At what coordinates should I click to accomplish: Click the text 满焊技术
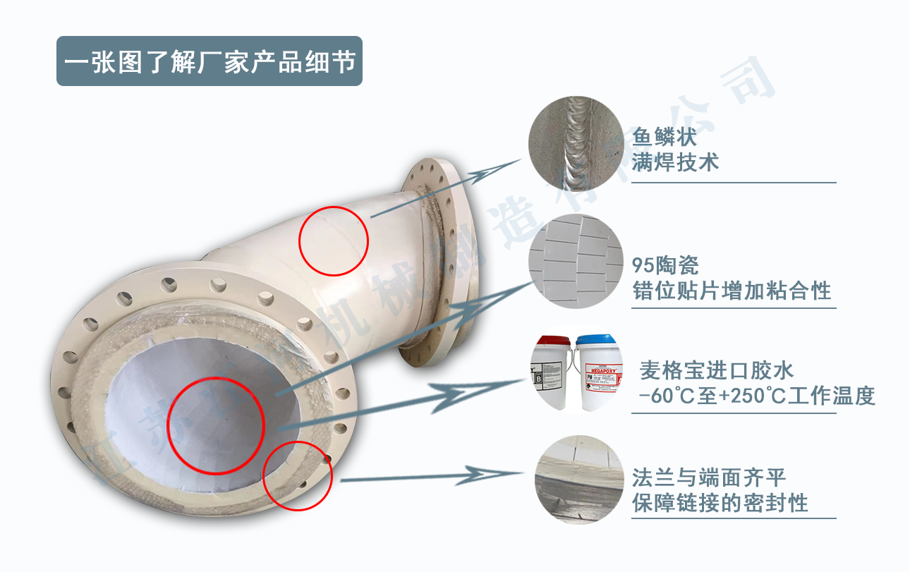675,163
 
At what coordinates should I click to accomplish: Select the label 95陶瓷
665,265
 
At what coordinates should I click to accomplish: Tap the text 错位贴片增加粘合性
732,290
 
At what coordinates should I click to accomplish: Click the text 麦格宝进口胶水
716,370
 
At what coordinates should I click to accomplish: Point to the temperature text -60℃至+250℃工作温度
756,396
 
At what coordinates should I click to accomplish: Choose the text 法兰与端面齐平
708,477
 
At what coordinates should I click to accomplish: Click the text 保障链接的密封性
720,503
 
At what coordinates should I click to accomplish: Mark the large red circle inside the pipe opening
215,425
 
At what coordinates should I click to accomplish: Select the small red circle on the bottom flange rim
298,474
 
